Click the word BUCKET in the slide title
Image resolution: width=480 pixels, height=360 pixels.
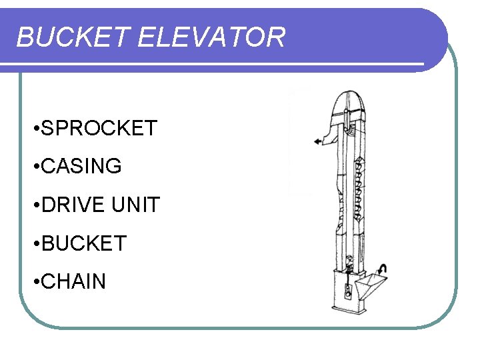point(73,37)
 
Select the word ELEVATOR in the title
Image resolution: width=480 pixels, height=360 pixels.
point(211,37)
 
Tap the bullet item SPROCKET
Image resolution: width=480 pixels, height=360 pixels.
point(99,128)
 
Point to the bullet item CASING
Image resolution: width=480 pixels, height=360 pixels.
point(81,166)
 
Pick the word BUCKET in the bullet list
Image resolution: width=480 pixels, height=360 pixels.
point(83,243)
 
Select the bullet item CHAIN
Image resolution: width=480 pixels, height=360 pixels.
point(73,281)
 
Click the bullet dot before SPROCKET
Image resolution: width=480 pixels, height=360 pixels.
point(34,129)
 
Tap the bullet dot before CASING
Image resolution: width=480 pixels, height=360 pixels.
point(34,167)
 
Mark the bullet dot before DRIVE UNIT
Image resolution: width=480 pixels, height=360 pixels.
point(34,205)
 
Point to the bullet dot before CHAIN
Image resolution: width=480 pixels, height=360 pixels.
point(34,282)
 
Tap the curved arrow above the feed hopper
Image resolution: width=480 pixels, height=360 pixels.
point(381,269)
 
